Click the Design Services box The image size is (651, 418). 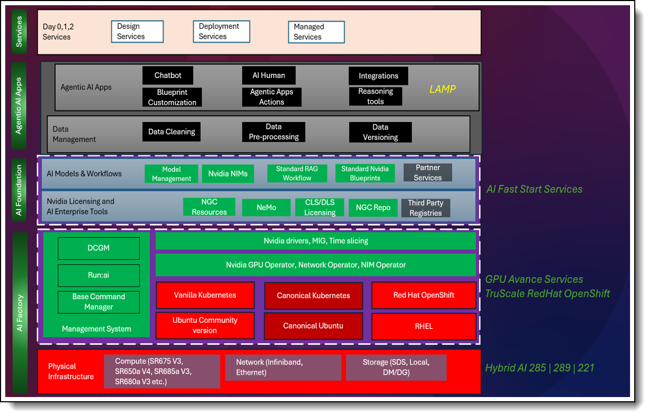(x=137, y=31)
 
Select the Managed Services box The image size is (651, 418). (x=316, y=32)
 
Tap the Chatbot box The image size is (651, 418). (x=168, y=75)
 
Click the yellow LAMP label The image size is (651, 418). (x=442, y=89)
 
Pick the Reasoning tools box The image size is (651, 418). (x=375, y=96)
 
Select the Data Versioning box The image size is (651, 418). (x=380, y=132)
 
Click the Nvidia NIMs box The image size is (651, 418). (x=228, y=173)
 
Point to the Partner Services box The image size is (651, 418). (x=427, y=173)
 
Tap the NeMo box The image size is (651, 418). (x=266, y=207)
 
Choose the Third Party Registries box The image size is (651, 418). (x=425, y=208)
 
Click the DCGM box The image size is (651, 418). (x=99, y=248)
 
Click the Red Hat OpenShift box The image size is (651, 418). (x=424, y=295)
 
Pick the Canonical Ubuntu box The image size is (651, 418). (x=313, y=326)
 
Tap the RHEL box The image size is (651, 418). (x=424, y=326)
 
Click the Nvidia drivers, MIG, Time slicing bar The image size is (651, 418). (x=316, y=241)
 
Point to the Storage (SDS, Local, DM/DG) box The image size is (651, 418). (x=396, y=367)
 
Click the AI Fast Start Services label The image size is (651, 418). (x=534, y=189)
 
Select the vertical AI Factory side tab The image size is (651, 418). (x=20, y=313)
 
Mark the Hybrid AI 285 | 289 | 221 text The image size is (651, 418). (x=540, y=368)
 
